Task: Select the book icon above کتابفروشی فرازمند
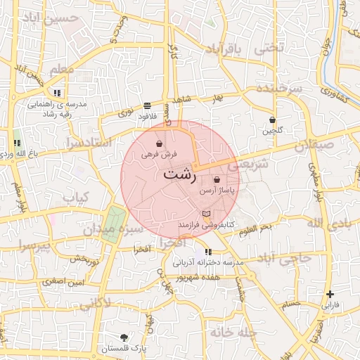click(205, 213)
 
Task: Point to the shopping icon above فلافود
click(146, 105)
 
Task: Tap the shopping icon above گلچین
click(271, 120)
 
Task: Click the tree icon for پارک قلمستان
click(124, 337)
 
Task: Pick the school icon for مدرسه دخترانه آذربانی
click(208, 252)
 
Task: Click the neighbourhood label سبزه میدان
click(112, 230)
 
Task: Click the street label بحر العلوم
click(255, 229)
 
